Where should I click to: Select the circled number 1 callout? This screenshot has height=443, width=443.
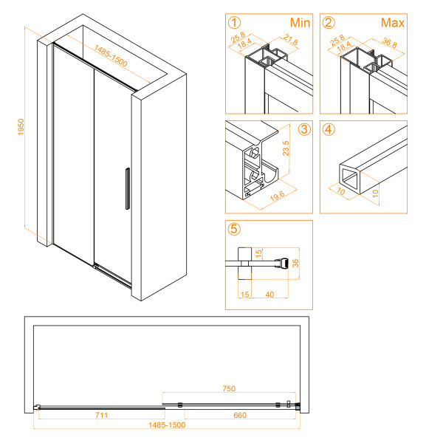tap(235, 22)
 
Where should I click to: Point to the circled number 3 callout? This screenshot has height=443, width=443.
tap(303, 131)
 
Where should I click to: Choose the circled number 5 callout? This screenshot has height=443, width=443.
tap(235, 229)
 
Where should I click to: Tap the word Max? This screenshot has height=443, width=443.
tap(393, 23)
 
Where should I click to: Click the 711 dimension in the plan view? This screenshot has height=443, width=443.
tap(101, 416)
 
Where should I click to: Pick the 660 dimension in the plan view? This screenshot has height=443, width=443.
tap(239, 416)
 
